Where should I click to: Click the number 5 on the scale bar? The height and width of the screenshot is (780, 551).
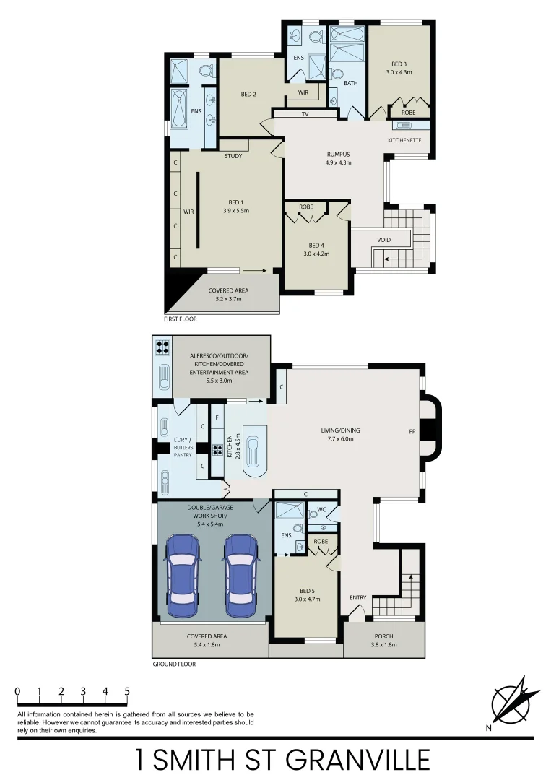(127, 691)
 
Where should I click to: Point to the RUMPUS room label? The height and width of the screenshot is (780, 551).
(338, 154)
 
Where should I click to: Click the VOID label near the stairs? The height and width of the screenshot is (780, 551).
(384, 240)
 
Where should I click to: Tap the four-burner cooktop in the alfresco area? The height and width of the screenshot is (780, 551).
(162, 347)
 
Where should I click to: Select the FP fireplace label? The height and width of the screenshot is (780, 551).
(412, 432)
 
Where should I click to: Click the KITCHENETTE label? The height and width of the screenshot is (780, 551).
(404, 139)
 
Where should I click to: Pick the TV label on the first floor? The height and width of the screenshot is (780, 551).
(305, 114)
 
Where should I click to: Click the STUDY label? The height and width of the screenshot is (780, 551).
(233, 156)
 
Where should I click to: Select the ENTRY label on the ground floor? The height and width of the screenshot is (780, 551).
(358, 597)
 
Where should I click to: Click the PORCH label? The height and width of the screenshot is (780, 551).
(383, 636)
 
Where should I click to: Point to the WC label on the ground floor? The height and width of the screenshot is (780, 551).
(321, 509)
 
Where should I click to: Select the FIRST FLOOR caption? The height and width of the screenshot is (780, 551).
(181, 318)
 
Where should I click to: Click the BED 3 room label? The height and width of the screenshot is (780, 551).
(399, 64)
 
